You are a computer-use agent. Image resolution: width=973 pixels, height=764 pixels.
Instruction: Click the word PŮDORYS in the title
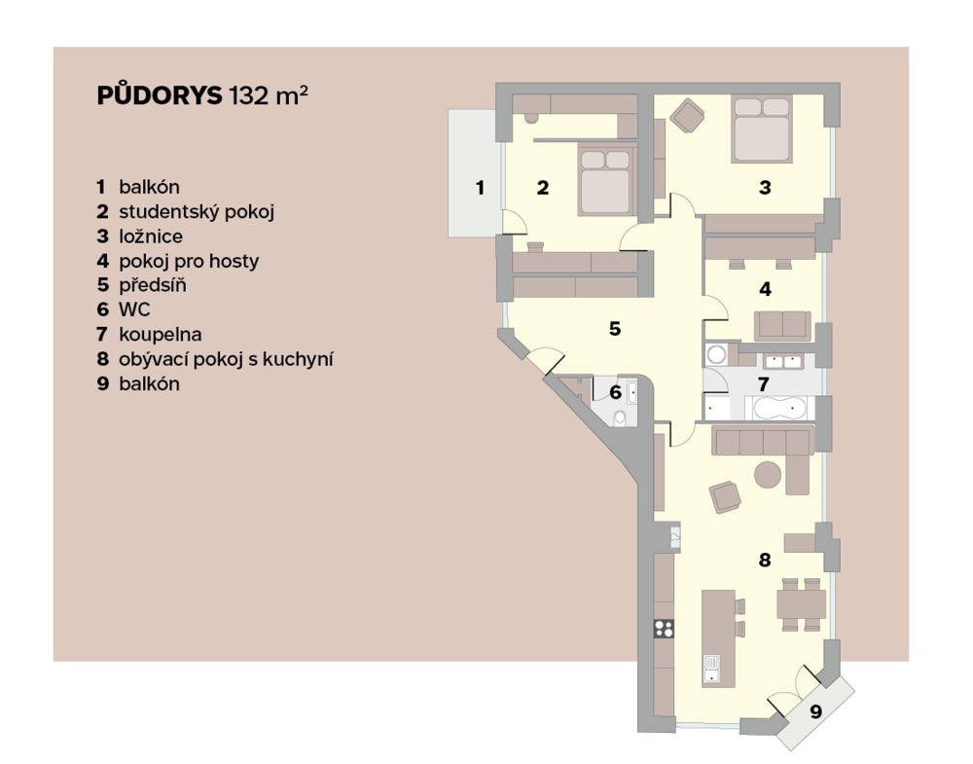point(159,95)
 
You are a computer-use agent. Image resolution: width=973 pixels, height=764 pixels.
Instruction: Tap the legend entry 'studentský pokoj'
point(197,211)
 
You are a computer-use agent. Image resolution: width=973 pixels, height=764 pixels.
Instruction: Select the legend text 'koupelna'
point(161,335)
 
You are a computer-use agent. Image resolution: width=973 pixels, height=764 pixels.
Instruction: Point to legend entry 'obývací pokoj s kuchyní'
point(226,359)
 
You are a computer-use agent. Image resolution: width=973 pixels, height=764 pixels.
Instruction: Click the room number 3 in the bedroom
point(765,188)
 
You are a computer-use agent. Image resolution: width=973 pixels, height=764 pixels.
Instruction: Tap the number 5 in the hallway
point(614,328)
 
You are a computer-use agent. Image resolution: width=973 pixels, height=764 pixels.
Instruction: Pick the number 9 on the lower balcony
point(816,711)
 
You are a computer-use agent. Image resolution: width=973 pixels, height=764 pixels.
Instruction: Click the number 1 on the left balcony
point(480,188)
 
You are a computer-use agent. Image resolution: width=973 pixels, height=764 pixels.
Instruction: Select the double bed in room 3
point(762,128)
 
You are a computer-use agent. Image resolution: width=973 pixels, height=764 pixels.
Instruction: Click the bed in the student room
point(607,180)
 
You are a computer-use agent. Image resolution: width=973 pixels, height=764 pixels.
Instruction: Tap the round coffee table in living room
point(768,475)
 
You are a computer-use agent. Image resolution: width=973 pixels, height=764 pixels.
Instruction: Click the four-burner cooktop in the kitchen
point(664,629)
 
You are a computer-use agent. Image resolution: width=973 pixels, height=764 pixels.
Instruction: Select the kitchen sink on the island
point(711,670)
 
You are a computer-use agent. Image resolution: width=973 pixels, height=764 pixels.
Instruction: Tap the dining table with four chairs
point(801,604)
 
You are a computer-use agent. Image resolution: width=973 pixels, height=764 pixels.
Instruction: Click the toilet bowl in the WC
point(619,418)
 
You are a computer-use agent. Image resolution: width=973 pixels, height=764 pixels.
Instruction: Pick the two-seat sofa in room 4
point(782,326)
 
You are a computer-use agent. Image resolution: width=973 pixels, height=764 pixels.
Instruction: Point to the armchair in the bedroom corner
point(688,116)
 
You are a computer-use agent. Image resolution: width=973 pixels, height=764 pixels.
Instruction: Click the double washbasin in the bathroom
point(782,361)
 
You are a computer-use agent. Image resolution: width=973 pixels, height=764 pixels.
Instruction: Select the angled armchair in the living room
point(726,497)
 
